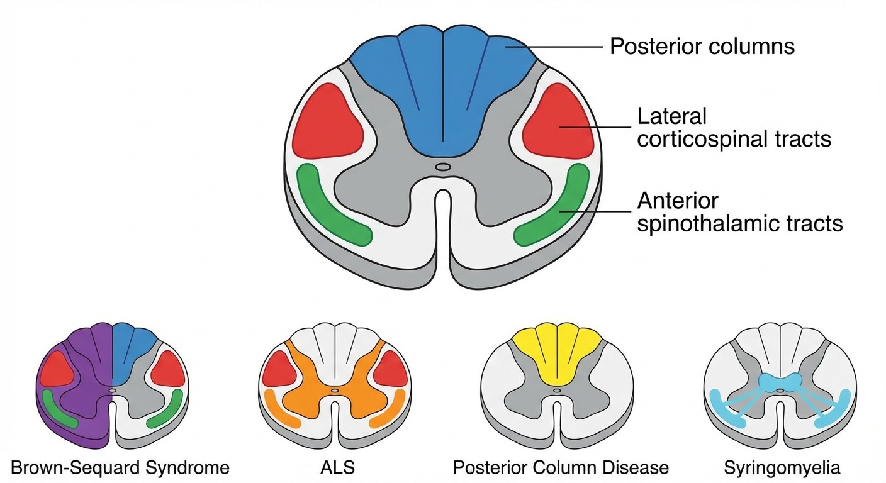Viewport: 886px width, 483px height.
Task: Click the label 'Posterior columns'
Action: pos(702,47)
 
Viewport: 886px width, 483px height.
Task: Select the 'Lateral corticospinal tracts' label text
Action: pos(734,128)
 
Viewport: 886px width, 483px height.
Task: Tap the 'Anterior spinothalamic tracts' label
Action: pos(739,212)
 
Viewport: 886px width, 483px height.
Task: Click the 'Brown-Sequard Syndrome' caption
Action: pos(120,468)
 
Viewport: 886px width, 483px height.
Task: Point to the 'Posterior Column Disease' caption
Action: pos(561,468)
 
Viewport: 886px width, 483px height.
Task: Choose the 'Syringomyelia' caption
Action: pos(782,468)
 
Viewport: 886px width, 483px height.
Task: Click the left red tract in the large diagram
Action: pos(326,121)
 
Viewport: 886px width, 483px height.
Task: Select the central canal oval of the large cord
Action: pos(443,167)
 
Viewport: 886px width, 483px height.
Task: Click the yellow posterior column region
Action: pos(556,352)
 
